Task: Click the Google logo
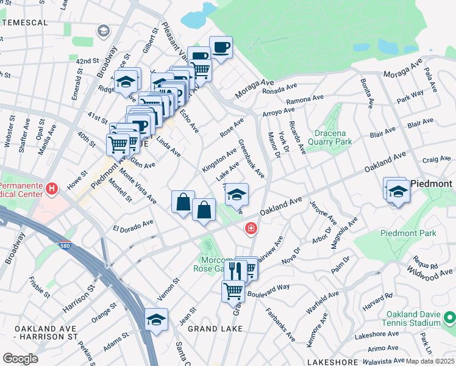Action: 21,358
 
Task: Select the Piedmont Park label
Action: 400,233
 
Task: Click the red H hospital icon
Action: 52,189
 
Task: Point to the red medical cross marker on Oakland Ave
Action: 250,229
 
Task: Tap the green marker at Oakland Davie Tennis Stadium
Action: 449,318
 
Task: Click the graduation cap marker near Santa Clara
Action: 156,320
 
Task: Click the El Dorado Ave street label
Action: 133,226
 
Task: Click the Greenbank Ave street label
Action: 251,159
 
